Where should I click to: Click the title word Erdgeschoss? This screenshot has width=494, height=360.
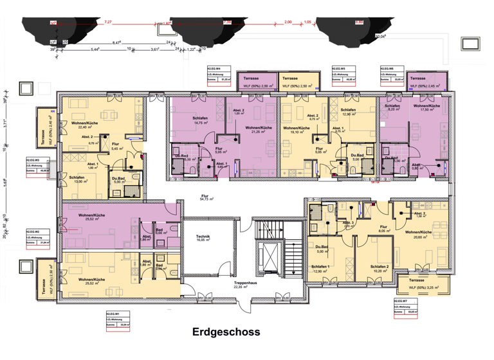(226, 332)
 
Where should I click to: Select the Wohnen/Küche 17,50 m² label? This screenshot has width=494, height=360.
(426, 107)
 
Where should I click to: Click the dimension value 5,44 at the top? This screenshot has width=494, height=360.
(95, 50)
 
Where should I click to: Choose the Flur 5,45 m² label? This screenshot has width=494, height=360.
(116, 147)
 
